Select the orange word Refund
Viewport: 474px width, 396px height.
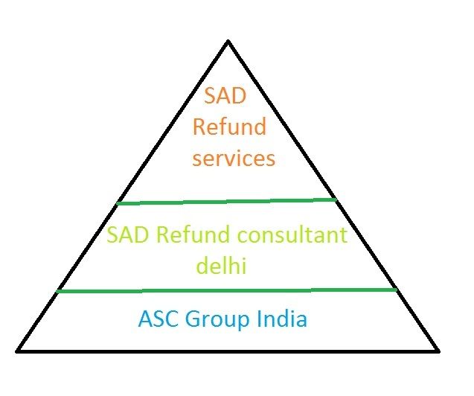229,127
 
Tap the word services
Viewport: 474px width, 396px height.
234,159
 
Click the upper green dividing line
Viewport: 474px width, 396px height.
227,201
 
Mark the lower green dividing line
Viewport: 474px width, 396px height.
227,290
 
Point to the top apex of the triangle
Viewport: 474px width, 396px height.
228,41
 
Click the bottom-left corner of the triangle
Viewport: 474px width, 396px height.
18,350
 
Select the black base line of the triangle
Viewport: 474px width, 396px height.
228,350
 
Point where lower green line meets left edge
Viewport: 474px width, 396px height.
58,291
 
